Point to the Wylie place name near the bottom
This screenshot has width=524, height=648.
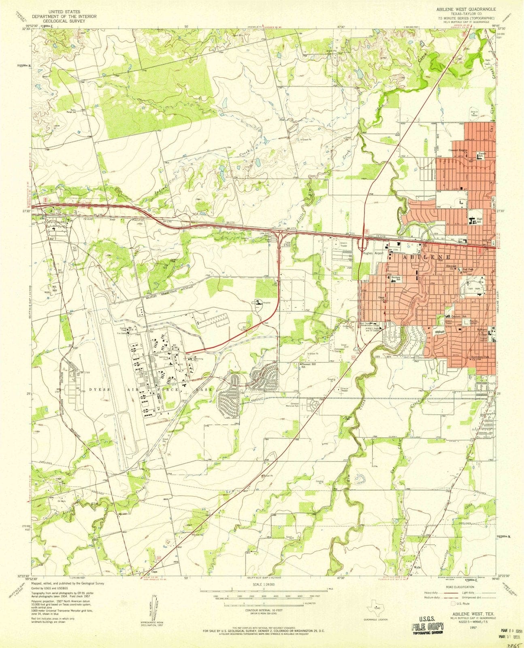(x=417, y=567)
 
